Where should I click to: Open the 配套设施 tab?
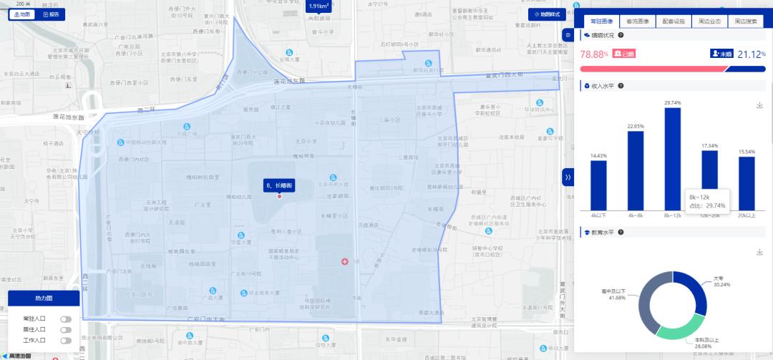(674, 22)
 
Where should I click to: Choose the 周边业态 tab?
(709, 22)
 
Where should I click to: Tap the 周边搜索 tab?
(746, 22)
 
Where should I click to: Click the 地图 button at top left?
(22, 14)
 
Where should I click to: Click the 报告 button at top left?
(51, 14)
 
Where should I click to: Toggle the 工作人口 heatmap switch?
(66, 340)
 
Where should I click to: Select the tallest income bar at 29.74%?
(673, 158)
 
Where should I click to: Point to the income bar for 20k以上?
(747, 183)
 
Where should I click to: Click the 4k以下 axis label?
(598, 215)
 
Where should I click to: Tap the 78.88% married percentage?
(594, 54)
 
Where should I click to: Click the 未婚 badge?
(721, 54)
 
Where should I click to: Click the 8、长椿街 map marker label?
(279, 185)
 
